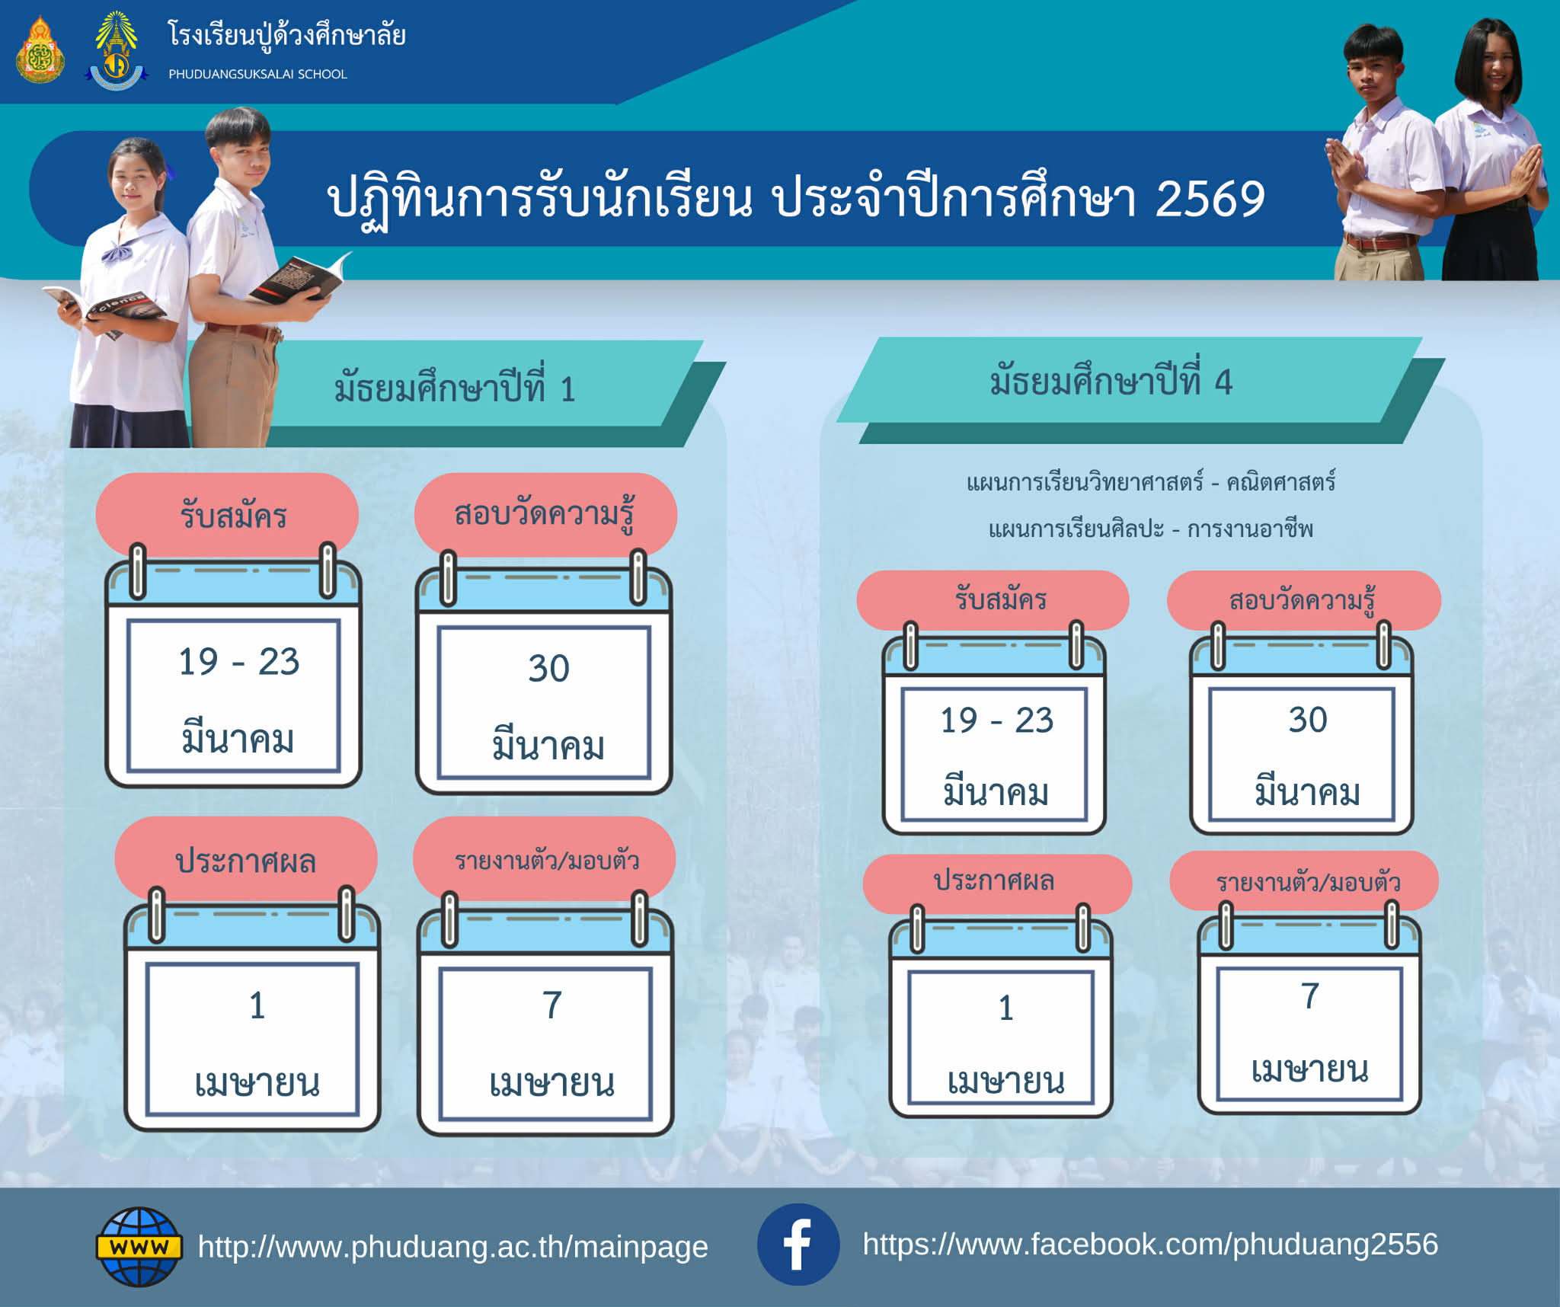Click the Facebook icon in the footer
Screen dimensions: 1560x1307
click(x=798, y=1244)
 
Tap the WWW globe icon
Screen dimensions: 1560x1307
click(x=139, y=1246)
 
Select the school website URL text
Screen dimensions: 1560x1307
click(x=452, y=1247)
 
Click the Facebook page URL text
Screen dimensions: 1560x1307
click(x=1150, y=1244)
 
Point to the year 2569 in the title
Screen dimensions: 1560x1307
click(x=1210, y=199)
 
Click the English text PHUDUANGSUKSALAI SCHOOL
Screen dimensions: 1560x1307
click(x=257, y=74)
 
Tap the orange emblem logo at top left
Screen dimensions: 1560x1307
click(x=40, y=50)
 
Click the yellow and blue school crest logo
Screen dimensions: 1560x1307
click(x=116, y=50)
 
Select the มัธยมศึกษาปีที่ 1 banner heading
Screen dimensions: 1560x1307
click(x=455, y=388)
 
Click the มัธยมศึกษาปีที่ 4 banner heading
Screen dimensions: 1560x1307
click(x=1111, y=380)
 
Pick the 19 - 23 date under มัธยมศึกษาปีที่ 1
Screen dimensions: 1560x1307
click(x=238, y=661)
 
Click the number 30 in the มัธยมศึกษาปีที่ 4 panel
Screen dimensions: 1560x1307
click(x=1307, y=719)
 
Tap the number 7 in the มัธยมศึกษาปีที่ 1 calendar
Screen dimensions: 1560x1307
click(x=552, y=1005)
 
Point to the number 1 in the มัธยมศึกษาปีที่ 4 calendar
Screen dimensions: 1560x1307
click(x=1006, y=1008)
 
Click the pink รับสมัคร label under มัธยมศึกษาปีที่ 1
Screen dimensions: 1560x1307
click(x=227, y=516)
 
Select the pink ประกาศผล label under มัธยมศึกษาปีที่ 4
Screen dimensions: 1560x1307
click(x=997, y=883)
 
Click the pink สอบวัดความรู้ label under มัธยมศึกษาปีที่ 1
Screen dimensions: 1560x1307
click(x=545, y=514)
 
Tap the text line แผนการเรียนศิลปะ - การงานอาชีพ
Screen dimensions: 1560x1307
click(x=1151, y=529)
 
